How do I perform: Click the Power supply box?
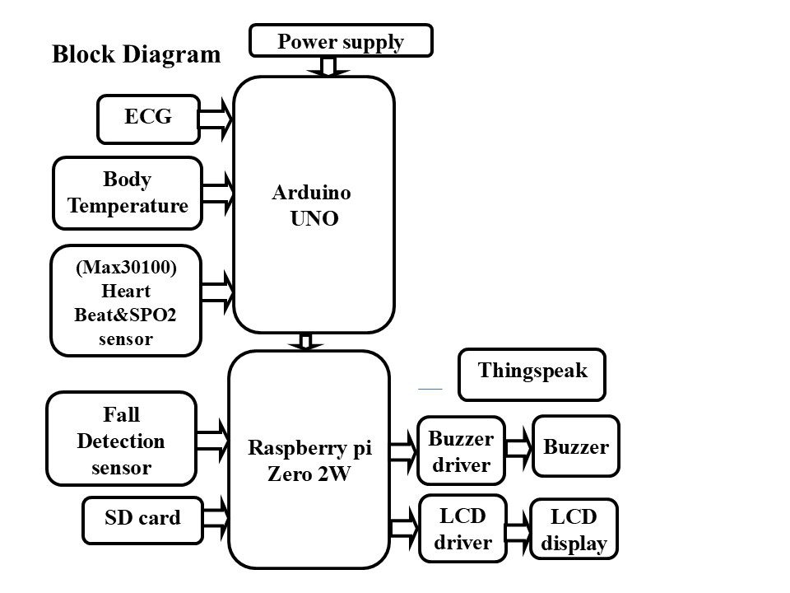341,40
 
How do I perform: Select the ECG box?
149,119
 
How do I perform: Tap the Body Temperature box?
128,193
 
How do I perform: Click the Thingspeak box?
532,375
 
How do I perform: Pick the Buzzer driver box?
461,451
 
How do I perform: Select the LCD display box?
574,529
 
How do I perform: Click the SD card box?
142,521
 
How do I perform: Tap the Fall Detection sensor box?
121,439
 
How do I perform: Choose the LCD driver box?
462,529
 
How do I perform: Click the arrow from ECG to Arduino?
216,119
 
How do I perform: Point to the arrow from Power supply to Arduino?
328,67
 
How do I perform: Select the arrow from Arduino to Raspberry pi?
305,342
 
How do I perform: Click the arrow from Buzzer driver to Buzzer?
519,448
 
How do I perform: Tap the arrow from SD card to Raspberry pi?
216,518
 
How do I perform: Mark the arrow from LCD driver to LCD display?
518,533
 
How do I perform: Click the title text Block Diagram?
136,54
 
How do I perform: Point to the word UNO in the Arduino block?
314,218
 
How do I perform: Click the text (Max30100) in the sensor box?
126,267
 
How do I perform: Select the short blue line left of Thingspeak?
430,389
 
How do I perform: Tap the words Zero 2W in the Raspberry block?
309,474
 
